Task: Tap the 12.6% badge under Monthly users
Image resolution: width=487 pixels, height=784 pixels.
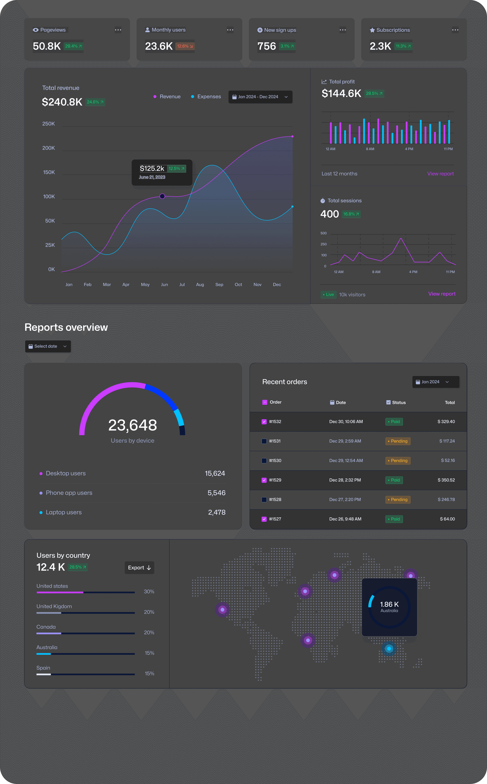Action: point(185,46)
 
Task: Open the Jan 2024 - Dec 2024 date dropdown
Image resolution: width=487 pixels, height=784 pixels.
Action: point(260,97)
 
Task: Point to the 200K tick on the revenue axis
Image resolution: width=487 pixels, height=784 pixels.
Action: point(49,148)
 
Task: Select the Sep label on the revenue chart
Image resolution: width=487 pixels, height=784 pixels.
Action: point(219,285)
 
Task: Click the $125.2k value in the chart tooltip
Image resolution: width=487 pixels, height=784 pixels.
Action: point(152,168)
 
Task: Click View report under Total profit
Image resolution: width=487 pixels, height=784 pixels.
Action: point(440,174)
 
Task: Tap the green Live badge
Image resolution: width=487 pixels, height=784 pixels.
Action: point(328,295)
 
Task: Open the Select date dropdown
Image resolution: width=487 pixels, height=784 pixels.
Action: point(48,346)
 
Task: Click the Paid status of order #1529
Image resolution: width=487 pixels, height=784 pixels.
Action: point(394,480)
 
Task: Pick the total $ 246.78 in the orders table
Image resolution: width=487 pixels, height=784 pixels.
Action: point(446,500)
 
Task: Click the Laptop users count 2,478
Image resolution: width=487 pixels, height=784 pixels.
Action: point(216,513)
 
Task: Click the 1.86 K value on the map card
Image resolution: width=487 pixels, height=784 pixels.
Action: point(389,604)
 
